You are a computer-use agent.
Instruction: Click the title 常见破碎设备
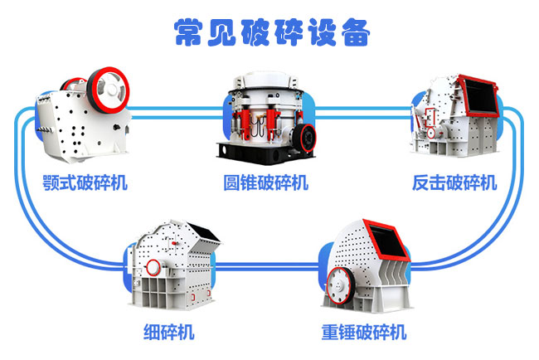pyautogui.click(x=271, y=32)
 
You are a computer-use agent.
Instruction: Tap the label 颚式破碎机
pyautogui.click(x=85, y=182)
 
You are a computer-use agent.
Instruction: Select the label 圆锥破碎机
pyautogui.click(x=265, y=182)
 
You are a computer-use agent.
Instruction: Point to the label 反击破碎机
pyautogui.click(x=454, y=182)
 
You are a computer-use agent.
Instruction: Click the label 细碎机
pyautogui.click(x=169, y=332)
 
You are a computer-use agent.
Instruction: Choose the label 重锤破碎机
pyautogui.click(x=364, y=332)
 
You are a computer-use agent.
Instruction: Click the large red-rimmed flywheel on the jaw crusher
pyautogui.click(x=108, y=90)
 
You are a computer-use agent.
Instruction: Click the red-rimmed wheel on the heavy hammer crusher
pyautogui.click(x=340, y=285)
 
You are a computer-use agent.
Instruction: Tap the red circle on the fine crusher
pyautogui.click(x=153, y=267)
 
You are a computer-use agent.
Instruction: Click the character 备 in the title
pyautogui.click(x=356, y=32)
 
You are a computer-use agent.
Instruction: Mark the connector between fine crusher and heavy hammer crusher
pyautogui.click(x=267, y=265)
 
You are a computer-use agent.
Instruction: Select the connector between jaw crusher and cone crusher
pyautogui.click(x=176, y=113)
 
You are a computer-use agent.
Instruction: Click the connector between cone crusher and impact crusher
pyautogui.click(x=363, y=113)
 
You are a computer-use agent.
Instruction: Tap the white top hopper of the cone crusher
pyautogui.click(x=265, y=80)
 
